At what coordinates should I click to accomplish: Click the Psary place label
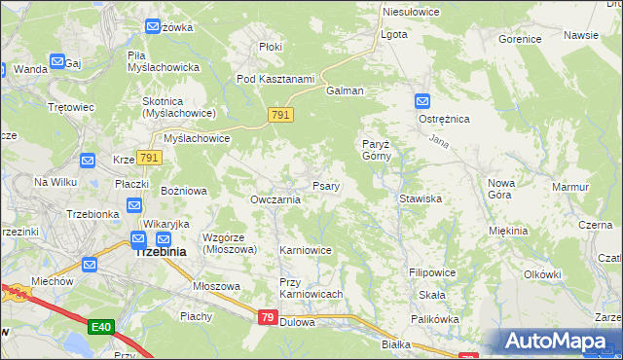(x=325, y=186)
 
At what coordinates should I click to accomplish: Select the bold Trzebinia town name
(x=160, y=250)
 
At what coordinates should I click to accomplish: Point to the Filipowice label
(x=433, y=273)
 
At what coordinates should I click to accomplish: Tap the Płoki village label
(x=271, y=47)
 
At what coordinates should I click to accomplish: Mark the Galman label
(x=346, y=90)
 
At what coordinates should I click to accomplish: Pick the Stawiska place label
(x=421, y=198)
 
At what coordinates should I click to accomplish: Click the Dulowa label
(x=297, y=322)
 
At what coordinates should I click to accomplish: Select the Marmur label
(x=570, y=187)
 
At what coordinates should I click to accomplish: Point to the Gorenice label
(x=519, y=40)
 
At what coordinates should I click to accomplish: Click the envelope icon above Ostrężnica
(x=421, y=101)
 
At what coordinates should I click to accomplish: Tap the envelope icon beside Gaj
(x=57, y=62)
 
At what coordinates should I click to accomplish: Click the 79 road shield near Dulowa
(x=269, y=318)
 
